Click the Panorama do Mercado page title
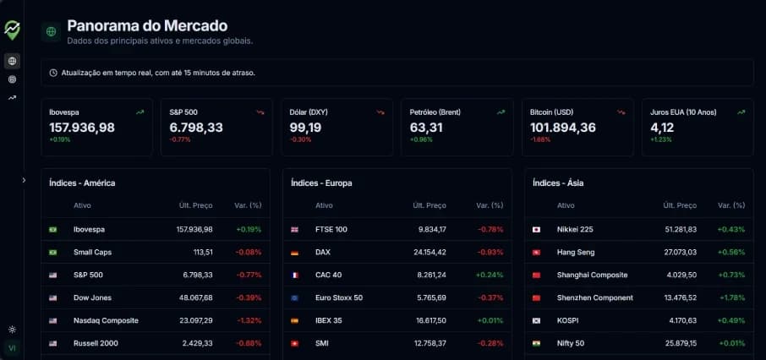147,26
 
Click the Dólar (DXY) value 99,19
305,128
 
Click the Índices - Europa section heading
320,183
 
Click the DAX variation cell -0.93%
490,252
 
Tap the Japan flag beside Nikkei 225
536,229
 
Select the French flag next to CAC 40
295,275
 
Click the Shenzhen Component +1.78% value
732,297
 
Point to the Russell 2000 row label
96,343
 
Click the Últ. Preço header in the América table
195,205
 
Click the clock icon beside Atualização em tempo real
54,73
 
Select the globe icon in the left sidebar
12,61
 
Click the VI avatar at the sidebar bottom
12,348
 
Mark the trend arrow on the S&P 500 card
260,112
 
